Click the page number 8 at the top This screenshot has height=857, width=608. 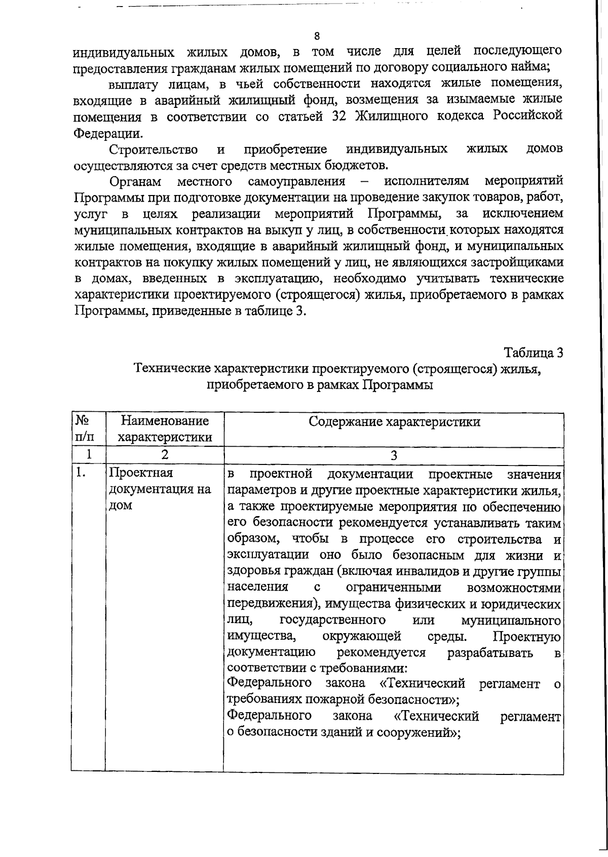coord(317,36)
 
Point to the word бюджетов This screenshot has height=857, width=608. coord(357,165)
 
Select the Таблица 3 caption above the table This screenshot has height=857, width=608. coord(533,353)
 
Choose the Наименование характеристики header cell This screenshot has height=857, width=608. coord(164,428)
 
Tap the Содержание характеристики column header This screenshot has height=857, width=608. coord(394,422)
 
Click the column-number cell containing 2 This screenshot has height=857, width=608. coord(164,454)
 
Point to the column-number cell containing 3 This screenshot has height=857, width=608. coord(394,454)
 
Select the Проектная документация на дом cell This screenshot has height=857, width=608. coord(160,489)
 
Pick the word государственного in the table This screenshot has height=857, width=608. coord(332,620)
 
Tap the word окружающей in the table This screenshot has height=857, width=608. coord(362,636)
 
